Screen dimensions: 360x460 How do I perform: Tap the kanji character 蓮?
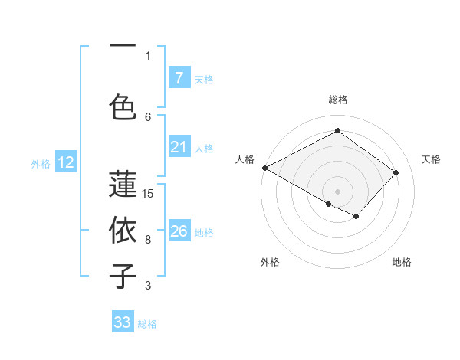(x=123, y=184)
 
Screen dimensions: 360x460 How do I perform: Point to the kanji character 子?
(x=123, y=276)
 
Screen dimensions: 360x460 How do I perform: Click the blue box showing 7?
(x=179, y=77)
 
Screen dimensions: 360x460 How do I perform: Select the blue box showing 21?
(x=179, y=148)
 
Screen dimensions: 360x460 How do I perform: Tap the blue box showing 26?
(x=179, y=232)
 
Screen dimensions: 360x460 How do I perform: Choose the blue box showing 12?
(x=66, y=162)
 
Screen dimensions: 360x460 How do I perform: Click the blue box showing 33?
(x=123, y=322)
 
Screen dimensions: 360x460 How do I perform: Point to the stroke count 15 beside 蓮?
(x=149, y=193)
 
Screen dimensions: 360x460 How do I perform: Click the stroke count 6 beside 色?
(x=148, y=116)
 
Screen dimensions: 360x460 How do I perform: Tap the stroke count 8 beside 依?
(x=148, y=240)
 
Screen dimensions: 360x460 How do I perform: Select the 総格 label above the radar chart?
(x=337, y=100)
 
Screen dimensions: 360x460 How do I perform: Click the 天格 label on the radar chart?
(x=431, y=159)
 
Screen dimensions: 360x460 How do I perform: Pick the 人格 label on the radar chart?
(x=245, y=159)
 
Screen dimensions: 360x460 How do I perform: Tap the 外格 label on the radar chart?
(x=270, y=263)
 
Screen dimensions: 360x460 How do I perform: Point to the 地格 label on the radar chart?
(x=402, y=263)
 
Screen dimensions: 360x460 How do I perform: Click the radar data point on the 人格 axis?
(x=264, y=168)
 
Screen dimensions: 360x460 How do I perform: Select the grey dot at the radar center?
(x=337, y=191)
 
